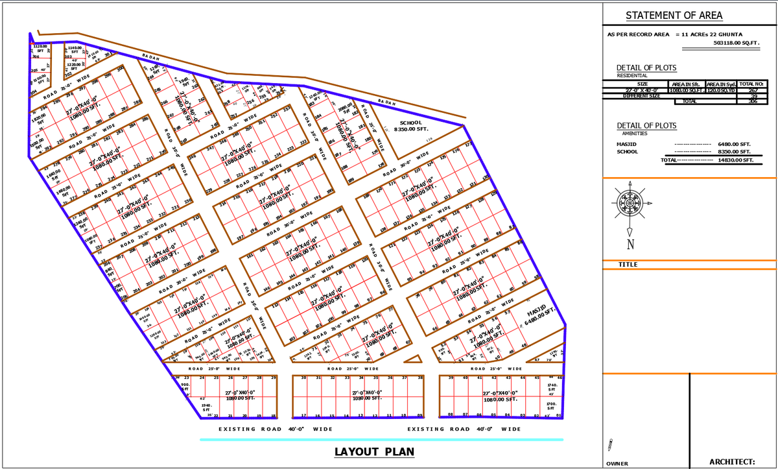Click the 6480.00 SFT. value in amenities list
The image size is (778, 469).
(735, 144)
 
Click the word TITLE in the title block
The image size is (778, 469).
(628, 265)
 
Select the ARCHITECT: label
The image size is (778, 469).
(732, 461)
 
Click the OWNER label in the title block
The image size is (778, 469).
(617, 464)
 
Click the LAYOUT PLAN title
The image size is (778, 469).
(374, 452)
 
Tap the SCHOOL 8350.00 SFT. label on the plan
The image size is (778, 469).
(410, 126)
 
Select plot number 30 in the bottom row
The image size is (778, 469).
(304, 377)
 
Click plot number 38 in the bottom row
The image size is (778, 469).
(420, 377)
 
